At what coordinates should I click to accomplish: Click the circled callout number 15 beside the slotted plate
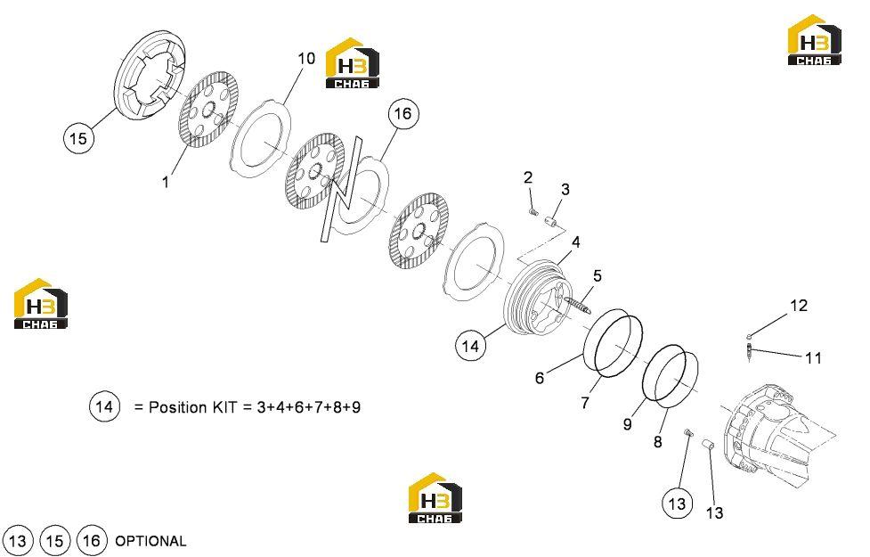pyautogui.click(x=78, y=138)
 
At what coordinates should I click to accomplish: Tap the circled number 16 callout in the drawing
pyautogui.click(x=402, y=114)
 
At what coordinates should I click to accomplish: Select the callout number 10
pyautogui.click(x=306, y=58)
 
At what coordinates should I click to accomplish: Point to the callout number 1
pyautogui.click(x=165, y=182)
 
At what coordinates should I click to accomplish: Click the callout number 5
pyautogui.click(x=597, y=275)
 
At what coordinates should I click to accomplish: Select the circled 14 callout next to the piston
pyautogui.click(x=470, y=346)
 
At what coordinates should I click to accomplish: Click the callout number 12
pyautogui.click(x=799, y=306)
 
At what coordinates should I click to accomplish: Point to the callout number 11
pyautogui.click(x=813, y=357)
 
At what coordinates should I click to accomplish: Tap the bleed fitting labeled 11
pyautogui.click(x=750, y=351)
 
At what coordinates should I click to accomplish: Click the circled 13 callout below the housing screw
pyautogui.click(x=677, y=504)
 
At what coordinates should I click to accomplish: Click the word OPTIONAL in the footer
pyautogui.click(x=150, y=541)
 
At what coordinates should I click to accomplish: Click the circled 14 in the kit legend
pyautogui.click(x=104, y=406)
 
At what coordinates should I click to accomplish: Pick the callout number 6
pyautogui.click(x=540, y=378)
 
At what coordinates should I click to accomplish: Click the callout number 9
pyautogui.click(x=627, y=424)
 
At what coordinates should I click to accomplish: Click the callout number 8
pyautogui.click(x=657, y=442)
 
